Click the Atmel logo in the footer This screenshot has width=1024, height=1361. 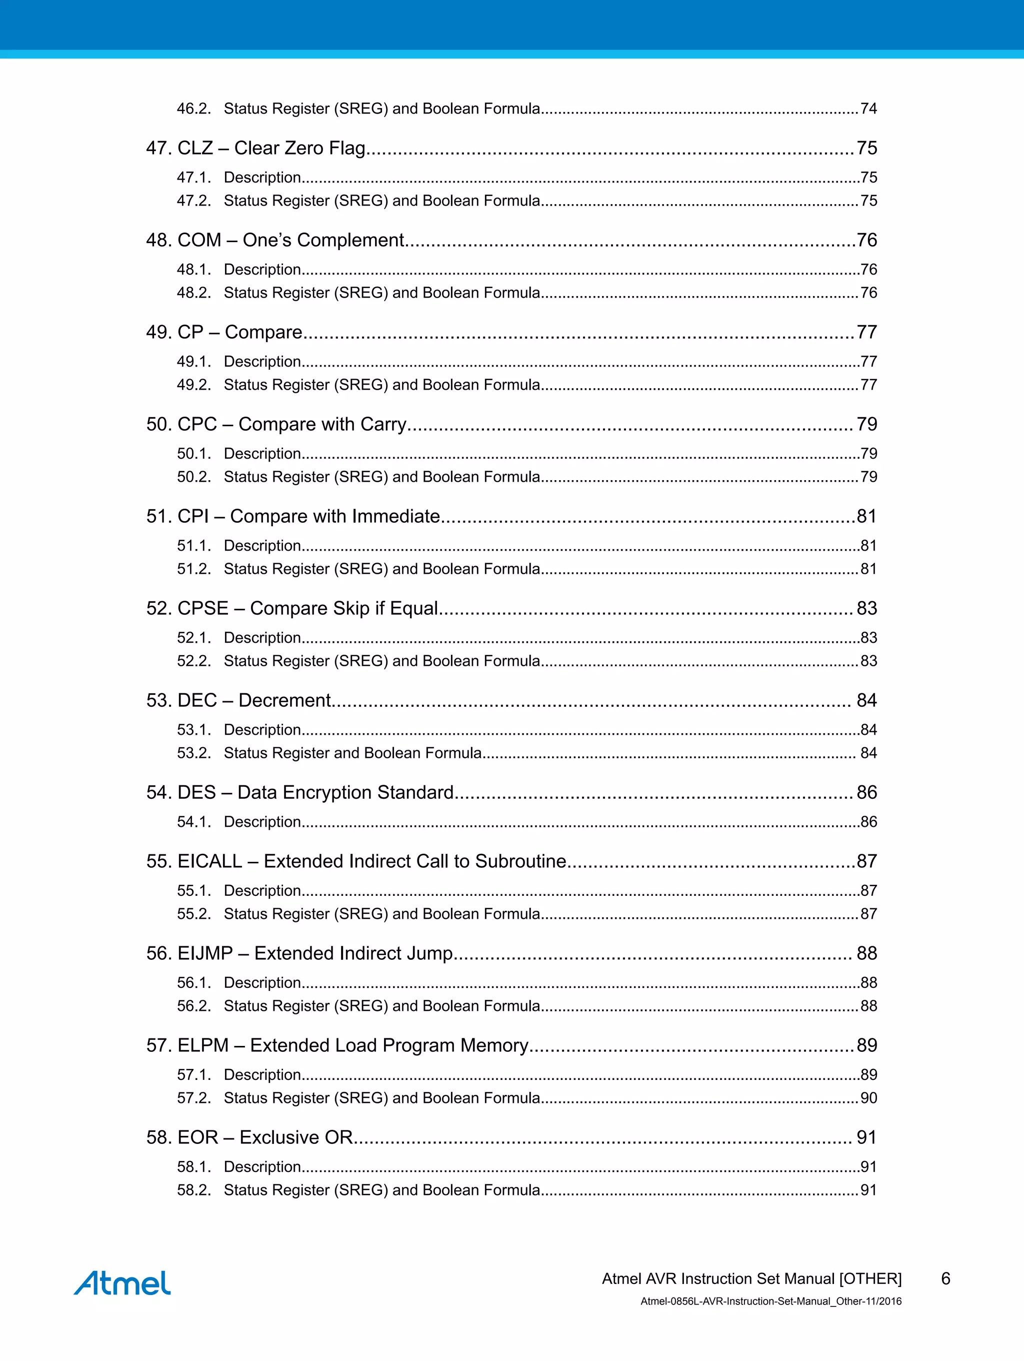pos(122,1283)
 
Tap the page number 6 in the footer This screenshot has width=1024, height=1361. pos(945,1279)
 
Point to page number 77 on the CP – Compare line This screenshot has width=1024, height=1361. pos(866,332)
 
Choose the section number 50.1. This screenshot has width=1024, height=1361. pos(193,454)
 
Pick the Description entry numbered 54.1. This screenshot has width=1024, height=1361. pos(262,822)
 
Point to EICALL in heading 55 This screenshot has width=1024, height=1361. pos(209,861)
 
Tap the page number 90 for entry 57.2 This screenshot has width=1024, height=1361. pos(868,1098)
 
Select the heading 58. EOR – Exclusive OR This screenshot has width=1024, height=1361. pos(249,1137)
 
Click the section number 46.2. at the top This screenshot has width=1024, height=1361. pos(193,109)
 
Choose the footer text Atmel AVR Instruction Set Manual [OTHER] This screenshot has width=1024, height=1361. pos(751,1279)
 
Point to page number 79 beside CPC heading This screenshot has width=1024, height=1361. pos(866,425)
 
